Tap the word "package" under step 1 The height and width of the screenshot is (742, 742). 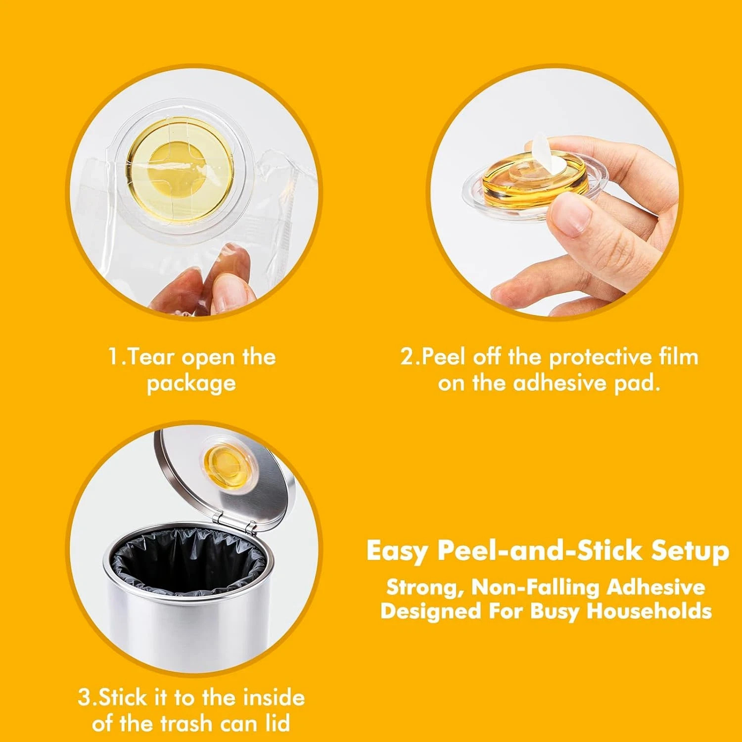click(191, 383)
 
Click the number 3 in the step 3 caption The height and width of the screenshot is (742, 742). click(85, 698)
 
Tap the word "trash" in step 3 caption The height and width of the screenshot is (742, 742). click(188, 724)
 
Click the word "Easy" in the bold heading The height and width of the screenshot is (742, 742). click(396, 551)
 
